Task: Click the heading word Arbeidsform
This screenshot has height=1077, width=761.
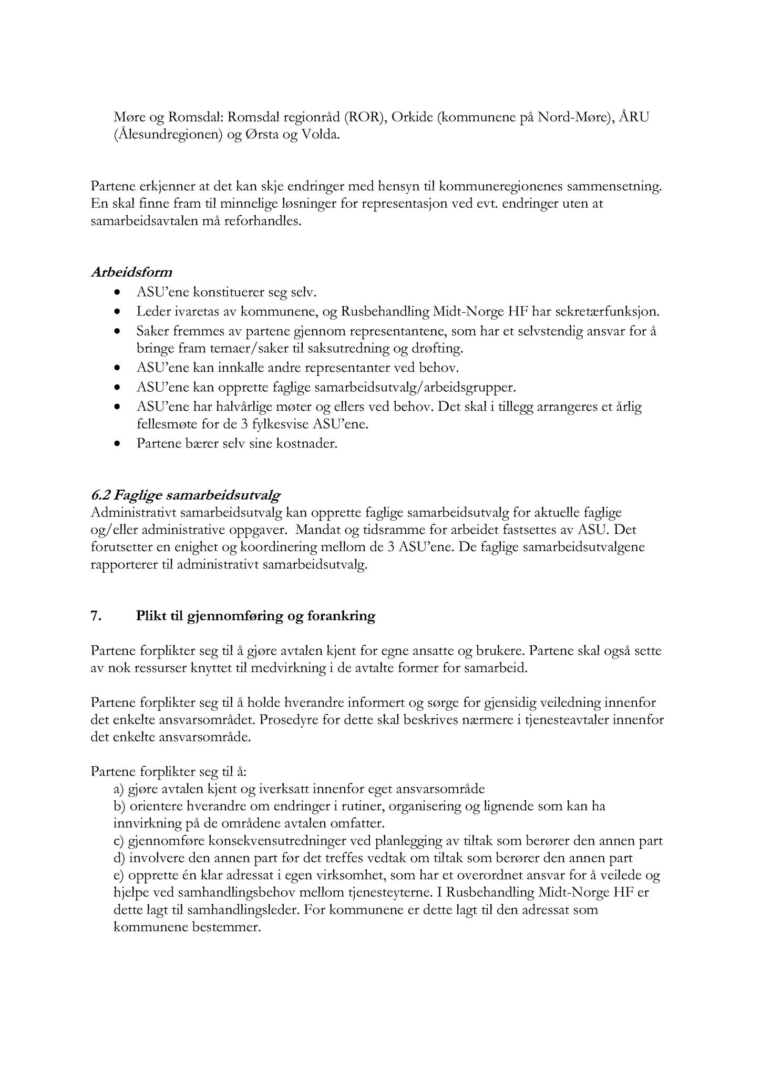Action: coord(131,272)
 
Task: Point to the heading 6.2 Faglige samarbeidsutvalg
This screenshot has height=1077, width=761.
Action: coord(185,495)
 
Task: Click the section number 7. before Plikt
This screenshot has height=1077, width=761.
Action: coord(96,616)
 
